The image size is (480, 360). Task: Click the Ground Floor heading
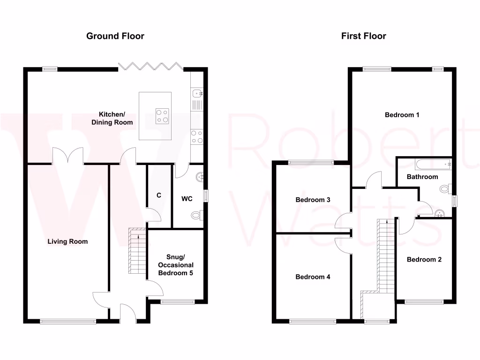coord(115,36)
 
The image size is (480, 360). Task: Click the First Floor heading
coord(364,36)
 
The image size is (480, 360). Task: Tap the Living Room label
coord(67,242)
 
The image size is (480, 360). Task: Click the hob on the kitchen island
coord(163,116)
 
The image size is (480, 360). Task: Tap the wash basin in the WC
coord(201,177)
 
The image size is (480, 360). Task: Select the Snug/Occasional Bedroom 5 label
coord(176,265)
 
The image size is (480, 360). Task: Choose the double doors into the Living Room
coord(68,156)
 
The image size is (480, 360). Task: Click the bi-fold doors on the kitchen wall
coord(151,66)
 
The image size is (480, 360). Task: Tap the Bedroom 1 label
coord(402,115)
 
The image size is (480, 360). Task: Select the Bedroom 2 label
coord(424,260)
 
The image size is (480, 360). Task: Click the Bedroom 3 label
coord(313,200)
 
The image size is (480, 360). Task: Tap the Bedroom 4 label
coord(313,277)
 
